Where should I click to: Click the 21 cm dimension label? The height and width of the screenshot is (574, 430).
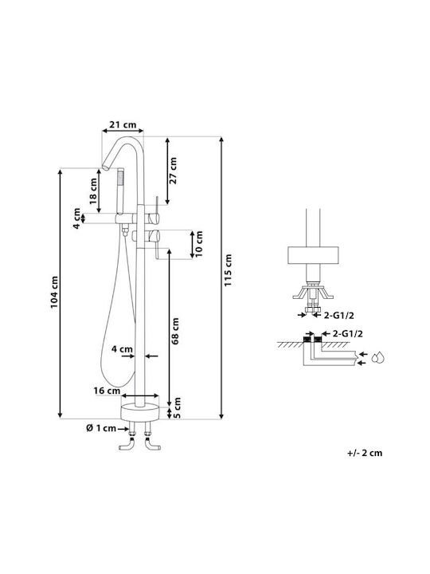123,124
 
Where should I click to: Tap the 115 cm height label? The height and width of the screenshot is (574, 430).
229,270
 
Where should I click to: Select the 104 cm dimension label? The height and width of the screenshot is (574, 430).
54,292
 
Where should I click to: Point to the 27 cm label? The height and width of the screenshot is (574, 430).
173,171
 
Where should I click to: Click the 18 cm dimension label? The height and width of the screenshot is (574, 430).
93,191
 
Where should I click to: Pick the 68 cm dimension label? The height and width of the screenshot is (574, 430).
175,331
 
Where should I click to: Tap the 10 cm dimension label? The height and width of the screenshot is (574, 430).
199,244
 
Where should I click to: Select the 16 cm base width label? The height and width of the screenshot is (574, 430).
107,391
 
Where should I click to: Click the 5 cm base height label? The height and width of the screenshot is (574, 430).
177,407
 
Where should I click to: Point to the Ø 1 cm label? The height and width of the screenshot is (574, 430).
101,428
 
